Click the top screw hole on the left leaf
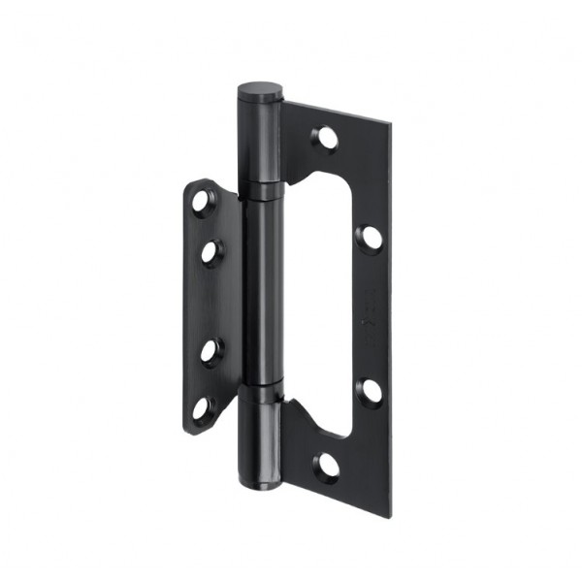pos(201,203)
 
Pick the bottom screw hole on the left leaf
pos(201,408)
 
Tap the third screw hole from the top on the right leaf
pos(369,391)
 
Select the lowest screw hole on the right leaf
pos(328,465)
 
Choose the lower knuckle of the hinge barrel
pos(259,436)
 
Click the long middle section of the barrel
pos(259,291)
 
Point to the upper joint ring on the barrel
pos(259,190)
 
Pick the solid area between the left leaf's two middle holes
pos(206,301)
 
